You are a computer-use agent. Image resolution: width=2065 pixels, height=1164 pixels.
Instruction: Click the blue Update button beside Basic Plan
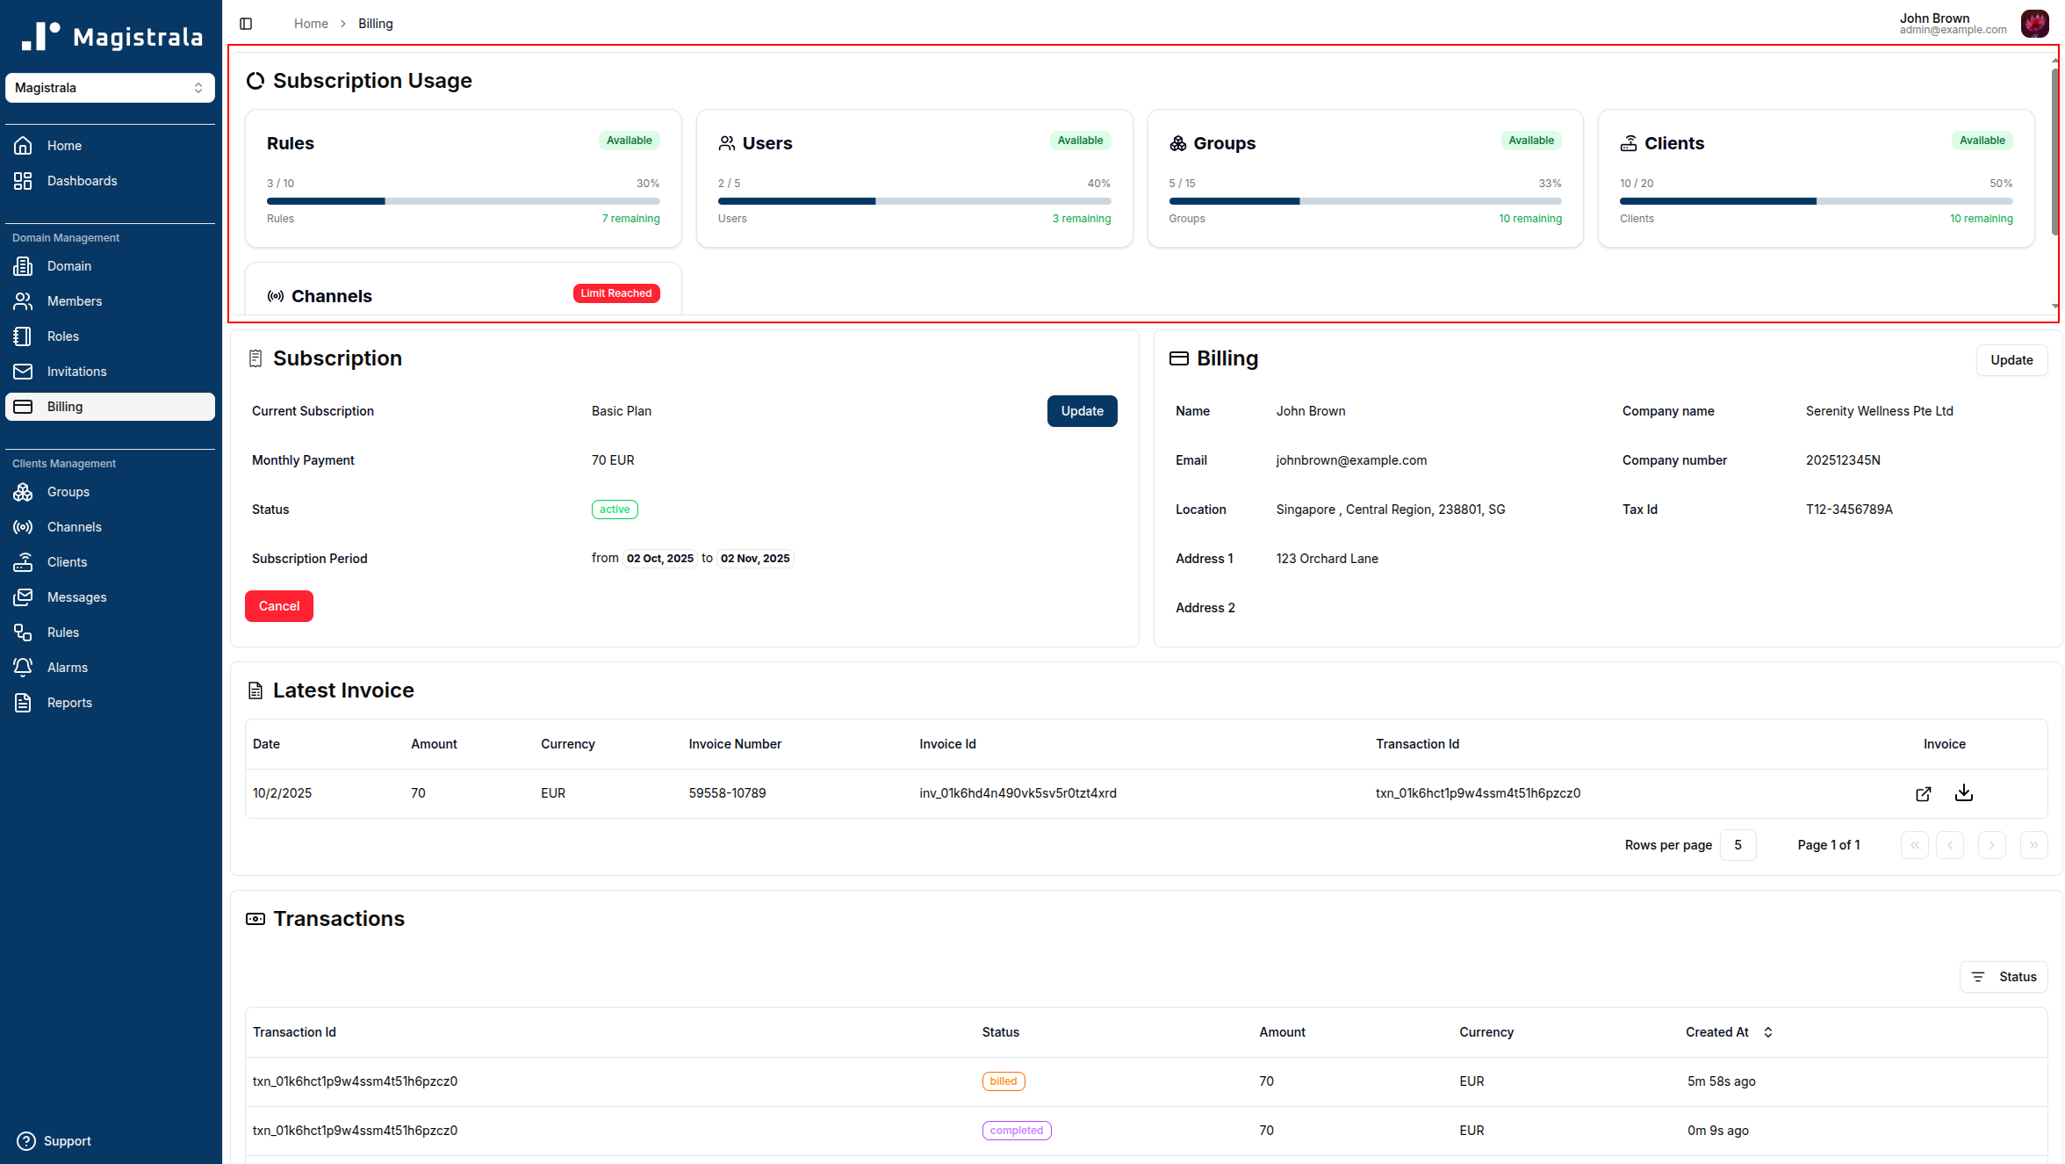[1082, 411]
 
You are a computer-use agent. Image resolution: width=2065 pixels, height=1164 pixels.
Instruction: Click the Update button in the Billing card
[2011, 360]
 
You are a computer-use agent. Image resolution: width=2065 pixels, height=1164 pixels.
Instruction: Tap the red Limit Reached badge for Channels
[616, 293]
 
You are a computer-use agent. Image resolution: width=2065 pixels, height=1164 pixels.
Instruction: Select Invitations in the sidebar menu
[76, 372]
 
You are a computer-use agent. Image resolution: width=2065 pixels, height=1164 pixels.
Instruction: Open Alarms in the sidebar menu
[67, 668]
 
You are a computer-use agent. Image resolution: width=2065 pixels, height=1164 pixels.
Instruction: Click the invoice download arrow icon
[1964, 793]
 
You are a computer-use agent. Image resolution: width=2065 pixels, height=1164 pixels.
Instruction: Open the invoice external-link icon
[1923, 794]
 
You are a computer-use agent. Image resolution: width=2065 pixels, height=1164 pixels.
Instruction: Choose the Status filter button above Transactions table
[2004, 977]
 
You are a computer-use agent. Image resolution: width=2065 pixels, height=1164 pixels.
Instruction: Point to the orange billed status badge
[1004, 1081]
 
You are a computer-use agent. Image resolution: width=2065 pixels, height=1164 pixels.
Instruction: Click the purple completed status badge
[1017, 1131]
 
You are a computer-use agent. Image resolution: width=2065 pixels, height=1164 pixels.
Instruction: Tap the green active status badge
[615, 510]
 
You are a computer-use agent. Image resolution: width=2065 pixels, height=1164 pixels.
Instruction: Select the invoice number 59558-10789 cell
[727, 793]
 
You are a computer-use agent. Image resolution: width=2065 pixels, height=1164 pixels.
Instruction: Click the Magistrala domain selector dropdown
[110, 88]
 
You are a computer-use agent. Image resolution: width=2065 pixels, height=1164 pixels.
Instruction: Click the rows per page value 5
[1738, 845]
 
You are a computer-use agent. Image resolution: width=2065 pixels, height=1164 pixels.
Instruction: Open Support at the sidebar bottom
[67, 1141]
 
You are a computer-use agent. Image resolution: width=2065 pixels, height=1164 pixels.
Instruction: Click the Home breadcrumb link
[311, 24]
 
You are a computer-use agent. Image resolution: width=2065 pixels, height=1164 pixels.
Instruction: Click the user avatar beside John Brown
[2034, 24]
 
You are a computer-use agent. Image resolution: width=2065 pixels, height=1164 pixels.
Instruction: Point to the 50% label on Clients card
[2001, 184]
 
